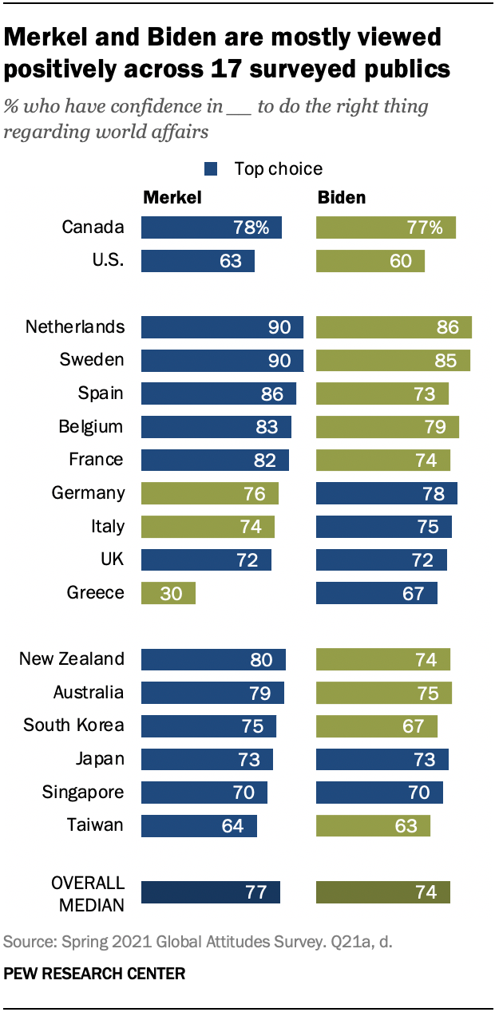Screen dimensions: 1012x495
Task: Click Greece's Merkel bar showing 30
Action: tap(168, 592)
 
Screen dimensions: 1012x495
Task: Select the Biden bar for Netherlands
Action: tap(394, 326)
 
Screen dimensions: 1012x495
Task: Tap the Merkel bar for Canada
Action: tap(212, 227)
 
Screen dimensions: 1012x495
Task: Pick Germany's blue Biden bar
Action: tap(386, 492)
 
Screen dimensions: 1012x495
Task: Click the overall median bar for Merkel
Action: tap(211, 892)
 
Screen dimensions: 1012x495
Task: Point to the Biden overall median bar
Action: tap(383, 892)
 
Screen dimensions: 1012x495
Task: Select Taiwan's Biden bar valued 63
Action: tap(373, 825)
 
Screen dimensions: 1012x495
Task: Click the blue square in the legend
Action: tap(212, 168)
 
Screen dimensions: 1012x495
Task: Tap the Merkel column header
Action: tap(172, 197)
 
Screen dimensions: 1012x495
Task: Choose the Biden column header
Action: tap(342, 197)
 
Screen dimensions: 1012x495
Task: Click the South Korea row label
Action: tap(73, 725)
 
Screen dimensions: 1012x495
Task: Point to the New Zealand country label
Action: tap(72, 658)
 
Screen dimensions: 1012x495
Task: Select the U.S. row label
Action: tap(105, 261)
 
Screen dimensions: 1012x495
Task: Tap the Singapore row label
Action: tap(83, 792)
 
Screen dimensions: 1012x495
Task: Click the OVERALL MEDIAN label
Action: tap(88, 893)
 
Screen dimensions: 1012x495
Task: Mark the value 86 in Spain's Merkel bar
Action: tap(274, 393)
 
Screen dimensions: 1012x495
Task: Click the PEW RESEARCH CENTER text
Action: tap(95, 973)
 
